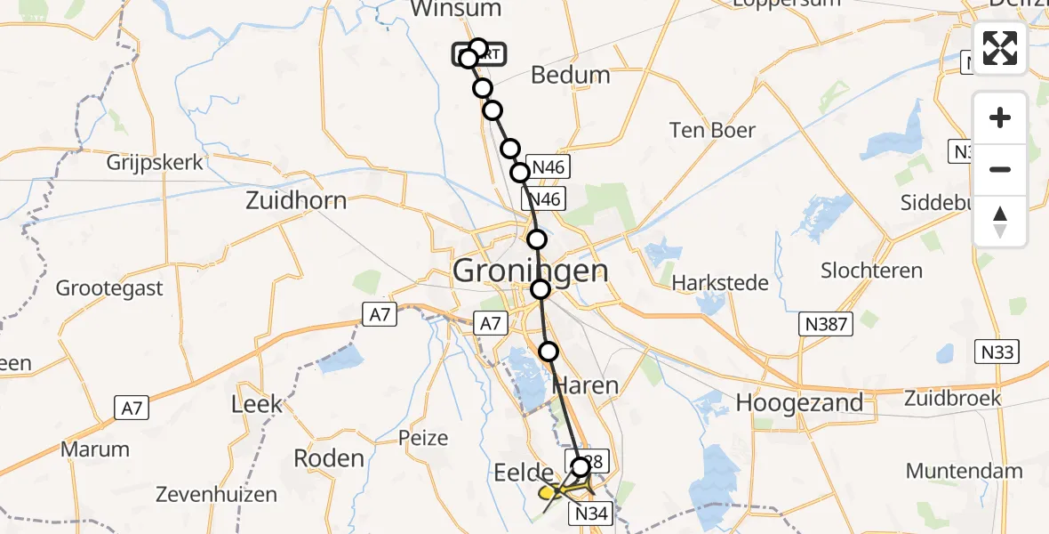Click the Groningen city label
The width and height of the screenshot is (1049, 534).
tap(531, 270)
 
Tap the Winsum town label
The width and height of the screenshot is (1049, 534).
tap(455, 9)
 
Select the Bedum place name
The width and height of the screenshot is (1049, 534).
tap(571, 76)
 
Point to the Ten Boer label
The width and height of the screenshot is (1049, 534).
tap(713, 131)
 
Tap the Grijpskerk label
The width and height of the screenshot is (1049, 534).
tap(155, 163)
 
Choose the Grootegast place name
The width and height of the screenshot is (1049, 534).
tap(109, 288)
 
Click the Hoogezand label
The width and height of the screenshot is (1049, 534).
tap(799, 402)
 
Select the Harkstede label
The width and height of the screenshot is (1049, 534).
tap(720, 283)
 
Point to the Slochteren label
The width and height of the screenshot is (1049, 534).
tap(871, 271)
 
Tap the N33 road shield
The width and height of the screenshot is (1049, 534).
tap(997, 352)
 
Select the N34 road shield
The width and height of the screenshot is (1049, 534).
tap(590, 514)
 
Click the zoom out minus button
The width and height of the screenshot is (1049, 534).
tap(1000, 169)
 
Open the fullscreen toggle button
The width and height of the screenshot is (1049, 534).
tap(1000, 48)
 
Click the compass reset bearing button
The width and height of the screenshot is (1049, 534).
tap(1000, 221)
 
